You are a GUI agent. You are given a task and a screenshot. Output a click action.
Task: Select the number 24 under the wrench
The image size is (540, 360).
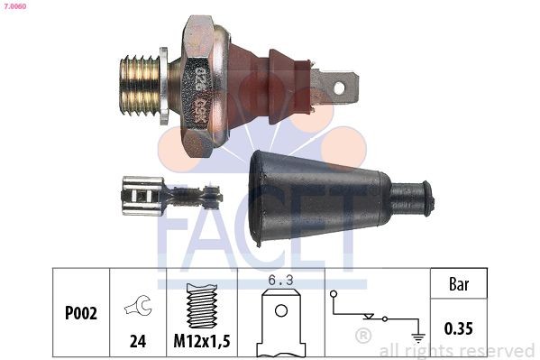tap(138, 341)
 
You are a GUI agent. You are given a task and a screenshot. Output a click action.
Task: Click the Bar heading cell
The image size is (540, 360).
tap(461, 283)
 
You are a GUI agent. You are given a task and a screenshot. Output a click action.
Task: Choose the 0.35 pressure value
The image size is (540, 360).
tap(461, 328)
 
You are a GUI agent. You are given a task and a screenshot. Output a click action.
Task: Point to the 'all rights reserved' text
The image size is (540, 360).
tap(457, 350)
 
